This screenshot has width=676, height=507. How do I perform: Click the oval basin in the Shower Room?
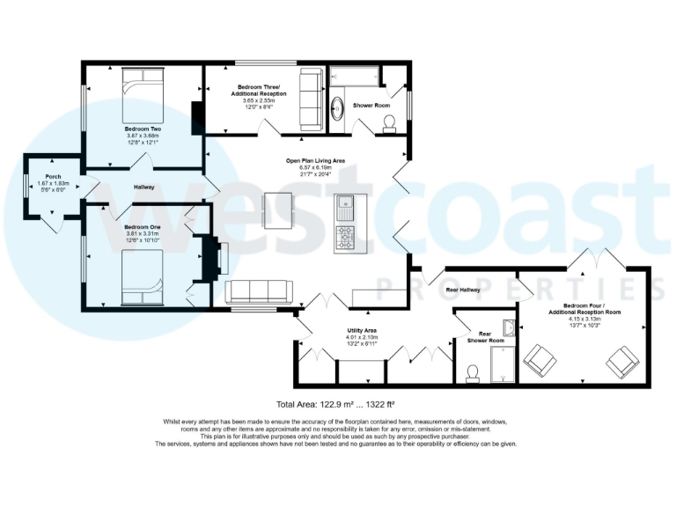point(338,108)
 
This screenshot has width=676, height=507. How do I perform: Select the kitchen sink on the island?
point(345,207)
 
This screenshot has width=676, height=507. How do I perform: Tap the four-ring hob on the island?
point(345,237)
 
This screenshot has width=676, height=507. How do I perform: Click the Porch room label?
point(53,176)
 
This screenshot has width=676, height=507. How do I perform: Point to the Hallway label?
point(144,187)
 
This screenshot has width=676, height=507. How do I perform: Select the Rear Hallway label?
point(463,290)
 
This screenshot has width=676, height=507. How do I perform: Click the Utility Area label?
point(362,329)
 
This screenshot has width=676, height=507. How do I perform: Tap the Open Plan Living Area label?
point(315,160)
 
